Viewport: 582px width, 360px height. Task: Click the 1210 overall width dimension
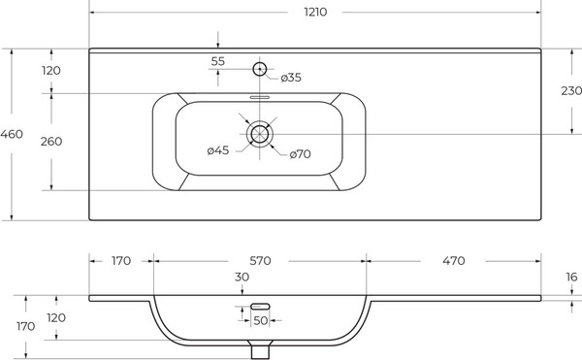315,13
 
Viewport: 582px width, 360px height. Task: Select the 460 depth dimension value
12,134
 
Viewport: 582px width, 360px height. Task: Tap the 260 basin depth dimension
51,142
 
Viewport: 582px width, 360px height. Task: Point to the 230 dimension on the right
571,91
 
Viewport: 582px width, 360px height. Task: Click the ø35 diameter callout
291,78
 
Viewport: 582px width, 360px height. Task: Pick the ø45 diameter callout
218,150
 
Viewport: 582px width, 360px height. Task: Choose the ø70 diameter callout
300,154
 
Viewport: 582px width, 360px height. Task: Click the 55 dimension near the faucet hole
218,61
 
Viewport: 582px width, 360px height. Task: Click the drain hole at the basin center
259,134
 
